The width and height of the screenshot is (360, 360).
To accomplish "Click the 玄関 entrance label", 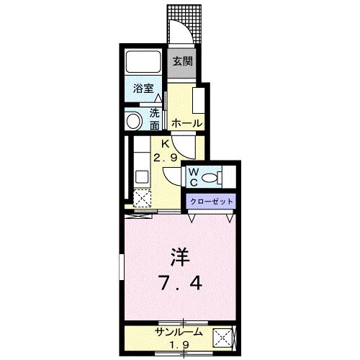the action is [x=183, y=61].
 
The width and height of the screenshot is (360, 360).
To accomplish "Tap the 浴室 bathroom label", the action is [x=143, y=89].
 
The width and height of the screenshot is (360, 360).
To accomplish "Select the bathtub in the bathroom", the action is [x=143, y=61].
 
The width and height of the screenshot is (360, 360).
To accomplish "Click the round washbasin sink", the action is [x=134, y=121].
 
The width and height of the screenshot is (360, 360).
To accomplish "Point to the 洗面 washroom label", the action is [x=155, y=120].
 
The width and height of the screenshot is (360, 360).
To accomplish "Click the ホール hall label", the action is [x=187, y=124].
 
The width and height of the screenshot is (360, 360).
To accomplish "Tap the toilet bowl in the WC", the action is [x=210, y=178].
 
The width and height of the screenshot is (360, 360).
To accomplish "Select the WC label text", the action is [x=194, y=177].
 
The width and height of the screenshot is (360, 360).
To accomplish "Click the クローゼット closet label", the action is [x=211, y=201].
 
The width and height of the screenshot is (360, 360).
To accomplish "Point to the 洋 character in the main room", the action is [x=180, y=257].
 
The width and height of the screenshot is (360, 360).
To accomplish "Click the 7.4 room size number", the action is [x=180, y=283].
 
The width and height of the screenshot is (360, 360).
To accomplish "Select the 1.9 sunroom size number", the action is [x=179, y=345].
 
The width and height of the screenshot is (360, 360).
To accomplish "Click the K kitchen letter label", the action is [x=166, y=144].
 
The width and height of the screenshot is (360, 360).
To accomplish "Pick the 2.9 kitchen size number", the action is [x=166, y=158].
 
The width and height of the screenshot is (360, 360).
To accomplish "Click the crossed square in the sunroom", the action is [x=222, y=338].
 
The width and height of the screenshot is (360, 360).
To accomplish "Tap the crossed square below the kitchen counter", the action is [x=142, y=198].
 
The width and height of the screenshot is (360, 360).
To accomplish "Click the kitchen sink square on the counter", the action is [x=142, y=177].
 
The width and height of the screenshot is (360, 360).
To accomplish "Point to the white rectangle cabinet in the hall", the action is [x=199, y=101].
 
